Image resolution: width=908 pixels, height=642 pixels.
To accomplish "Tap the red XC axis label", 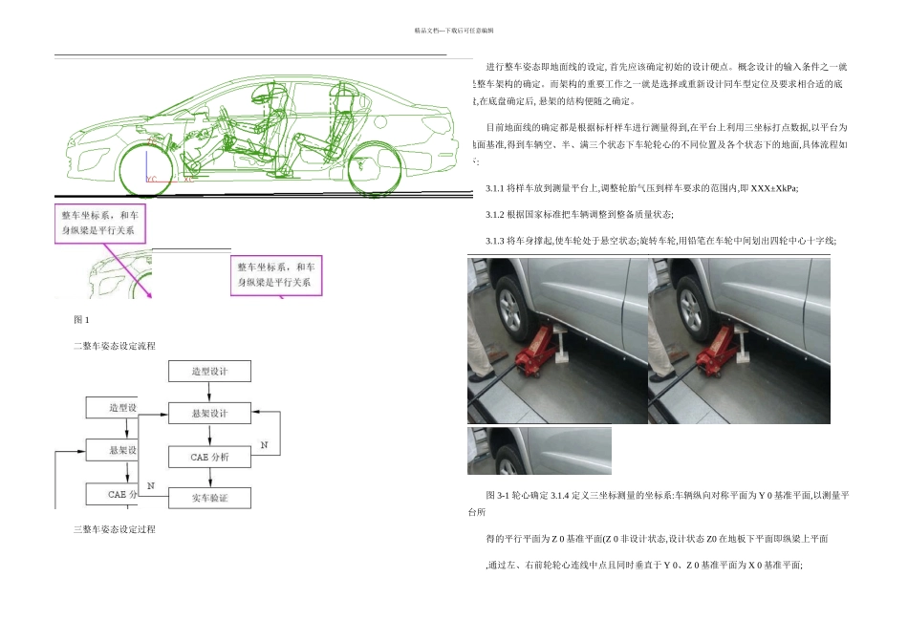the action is pyautogui.click(x=186, y=178).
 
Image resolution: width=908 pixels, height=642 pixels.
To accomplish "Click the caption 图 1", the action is pyautogui.click(x=81, y=318).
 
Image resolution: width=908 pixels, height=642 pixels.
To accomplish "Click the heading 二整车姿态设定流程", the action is pyautogui.click(x=114, y=345).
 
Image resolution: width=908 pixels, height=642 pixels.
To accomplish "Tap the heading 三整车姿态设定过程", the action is pyautogui.click(x=114, y=528).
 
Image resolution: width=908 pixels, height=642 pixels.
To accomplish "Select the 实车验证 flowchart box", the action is pyautogui.click(x=209, y=497).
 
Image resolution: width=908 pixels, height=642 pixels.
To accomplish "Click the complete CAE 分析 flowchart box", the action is pyautogui.click(x=209, y=457).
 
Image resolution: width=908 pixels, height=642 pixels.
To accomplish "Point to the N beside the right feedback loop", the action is pyautogui.click(x=265, y=446).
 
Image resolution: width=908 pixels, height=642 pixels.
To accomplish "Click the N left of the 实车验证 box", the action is pyautogui.click(x=150, y=485).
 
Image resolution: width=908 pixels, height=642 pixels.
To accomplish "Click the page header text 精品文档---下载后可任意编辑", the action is pyautogui.click(x=454, y=31).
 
